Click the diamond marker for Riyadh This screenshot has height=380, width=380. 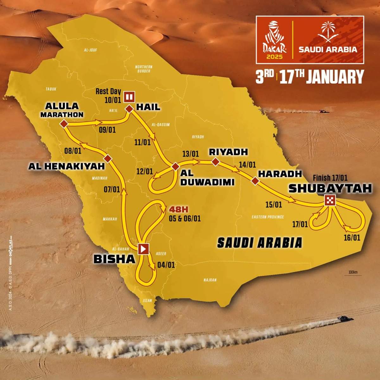pyautogui.click(x=215, y=162)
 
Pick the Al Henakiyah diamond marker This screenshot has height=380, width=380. pyautogui.click(x=108, y=158)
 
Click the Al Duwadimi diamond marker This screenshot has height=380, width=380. pyautogui.click(x=175, y=167)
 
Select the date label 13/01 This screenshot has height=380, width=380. pyautogui.click(x=190, y=154)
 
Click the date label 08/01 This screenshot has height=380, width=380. pyautogui.click(x=73, y=151)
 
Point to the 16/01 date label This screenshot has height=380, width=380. pyautogui.click(x=352, y=237)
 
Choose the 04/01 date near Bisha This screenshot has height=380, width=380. pyautogui.click(x=166, y=264)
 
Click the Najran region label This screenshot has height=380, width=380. pyautogui.click(x=210, y=280)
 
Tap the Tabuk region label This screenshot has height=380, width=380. pyautogui.click(x=51, y=89)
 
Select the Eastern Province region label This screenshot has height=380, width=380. pyautogui.click(x=268, y=217)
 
